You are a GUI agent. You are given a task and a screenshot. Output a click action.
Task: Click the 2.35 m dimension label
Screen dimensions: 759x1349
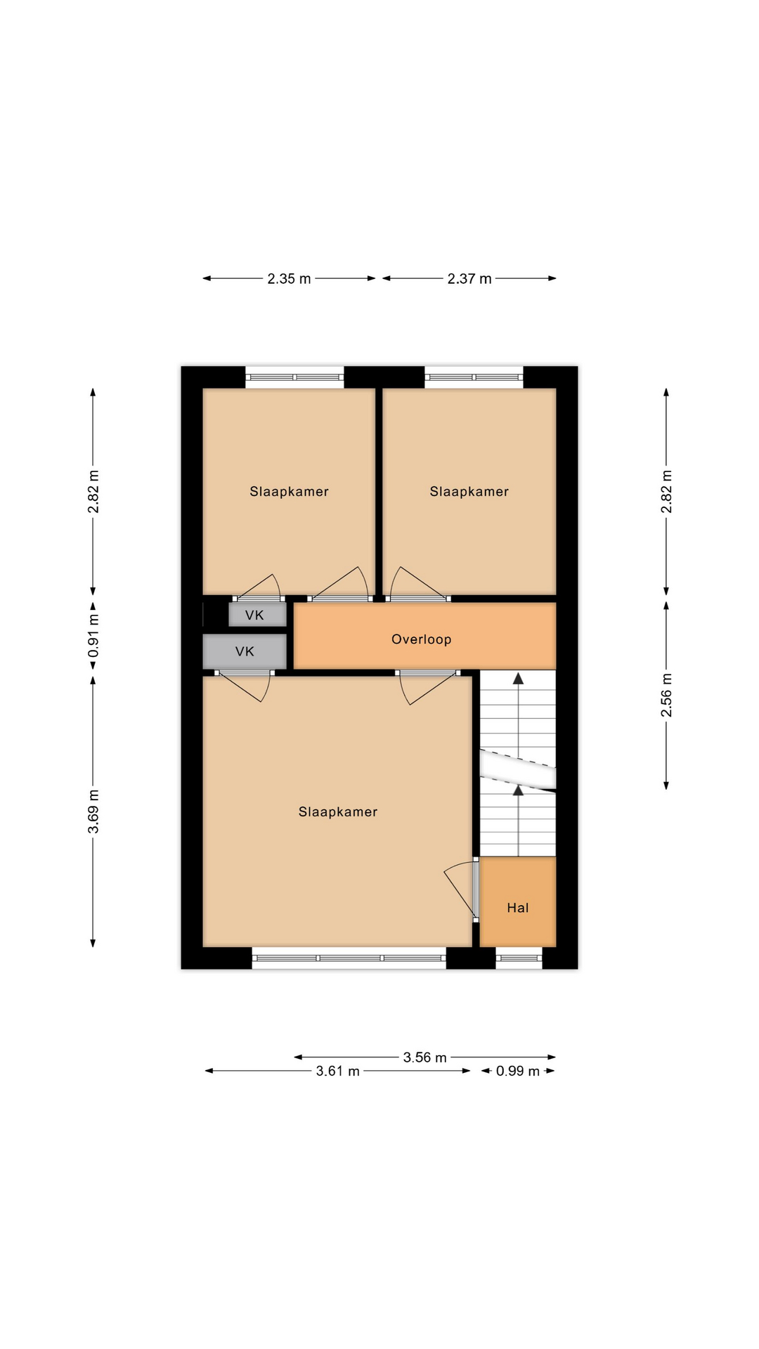pyautogui.click(x=289, y=279)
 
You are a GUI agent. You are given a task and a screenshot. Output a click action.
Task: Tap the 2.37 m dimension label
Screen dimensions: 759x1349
pyautogui.click(x=469, y=279)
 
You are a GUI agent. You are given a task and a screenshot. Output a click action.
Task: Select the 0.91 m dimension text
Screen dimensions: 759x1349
pyautogui.click(x=93, y=636)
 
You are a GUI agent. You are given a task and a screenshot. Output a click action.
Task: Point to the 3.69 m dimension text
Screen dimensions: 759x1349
pyautogui.click(x=93, y=812)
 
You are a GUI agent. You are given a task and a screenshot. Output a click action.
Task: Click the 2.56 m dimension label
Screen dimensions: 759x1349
pyautogui.click(x=666, y=695)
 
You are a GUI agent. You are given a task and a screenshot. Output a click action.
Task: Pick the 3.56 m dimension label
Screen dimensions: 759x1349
pyautogui.click(x=425, y=1057)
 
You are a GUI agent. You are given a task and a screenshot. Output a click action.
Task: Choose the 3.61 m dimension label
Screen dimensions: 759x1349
pyautogui.click(x=337, y=1071)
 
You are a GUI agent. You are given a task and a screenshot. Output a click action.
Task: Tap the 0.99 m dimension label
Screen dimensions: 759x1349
pyautogui.click(x=518, y=1071)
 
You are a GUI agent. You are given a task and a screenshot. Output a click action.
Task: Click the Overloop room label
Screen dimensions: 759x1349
pyautogui.click(x=421, y=639)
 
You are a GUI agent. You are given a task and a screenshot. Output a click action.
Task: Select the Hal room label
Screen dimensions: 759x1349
pyautogui.click(x=517, y=908)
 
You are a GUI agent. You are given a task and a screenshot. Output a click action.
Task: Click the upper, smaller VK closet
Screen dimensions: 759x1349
pyautogui.click(x=257, y=615)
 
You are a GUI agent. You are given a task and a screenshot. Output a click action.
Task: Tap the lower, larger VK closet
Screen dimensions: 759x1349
pyautogui.click(x=245, y=651)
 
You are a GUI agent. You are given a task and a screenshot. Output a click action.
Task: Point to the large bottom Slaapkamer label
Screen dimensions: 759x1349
pyautogui.click(x=338, y=812)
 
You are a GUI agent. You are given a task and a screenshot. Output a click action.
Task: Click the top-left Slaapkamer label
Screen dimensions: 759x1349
pyautogui.click(x=289, y=492)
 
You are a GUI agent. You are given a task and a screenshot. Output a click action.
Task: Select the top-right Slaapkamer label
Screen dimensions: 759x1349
pyautogui.click(x=469, y=492)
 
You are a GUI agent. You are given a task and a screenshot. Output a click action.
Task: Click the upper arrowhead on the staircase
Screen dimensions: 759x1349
pyautogui.click(x=519, y=678)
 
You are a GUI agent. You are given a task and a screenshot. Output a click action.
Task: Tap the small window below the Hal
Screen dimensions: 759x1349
pyautogui.click(x=519, y=958)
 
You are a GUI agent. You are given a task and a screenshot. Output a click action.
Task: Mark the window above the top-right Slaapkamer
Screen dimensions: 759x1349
pyautogui.click(x=474, y=377)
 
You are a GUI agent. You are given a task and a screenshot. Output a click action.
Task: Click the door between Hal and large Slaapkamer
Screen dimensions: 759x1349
pyautogui.click(x=476, y=889)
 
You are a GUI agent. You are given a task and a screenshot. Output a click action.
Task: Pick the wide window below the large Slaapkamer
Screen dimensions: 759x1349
pyautogui.click(x=349, y=958)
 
